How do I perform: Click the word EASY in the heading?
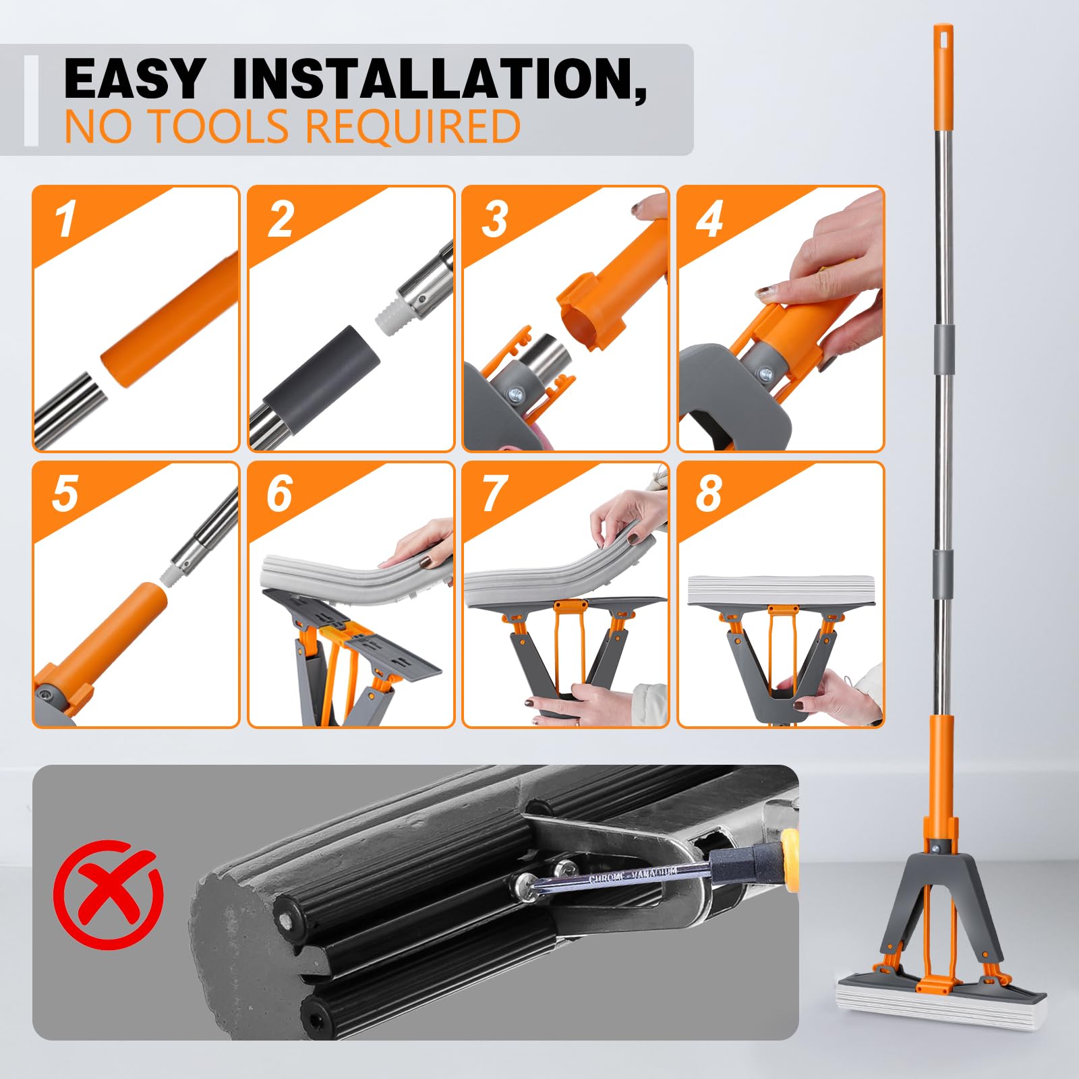[134, 79]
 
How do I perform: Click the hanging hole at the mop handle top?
[943, 32]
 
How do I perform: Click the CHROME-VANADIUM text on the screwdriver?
[633, 875]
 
